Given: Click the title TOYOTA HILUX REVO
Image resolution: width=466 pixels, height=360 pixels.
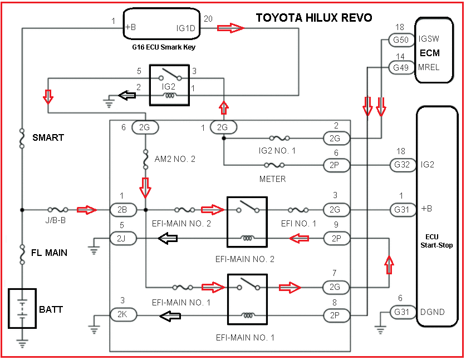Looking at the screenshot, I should [x=313, y=18].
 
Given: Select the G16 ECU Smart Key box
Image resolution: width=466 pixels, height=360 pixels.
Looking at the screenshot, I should [x=159, y=24].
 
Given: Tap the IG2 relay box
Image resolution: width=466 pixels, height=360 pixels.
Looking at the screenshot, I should [x=170, y=85].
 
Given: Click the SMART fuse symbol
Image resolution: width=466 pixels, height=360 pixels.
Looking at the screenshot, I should [x=22, y=138].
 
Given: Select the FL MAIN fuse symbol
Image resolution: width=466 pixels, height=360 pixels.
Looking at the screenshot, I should [x=22, y=253].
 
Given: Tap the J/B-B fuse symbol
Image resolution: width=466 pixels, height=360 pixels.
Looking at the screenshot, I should [x=58, y=210].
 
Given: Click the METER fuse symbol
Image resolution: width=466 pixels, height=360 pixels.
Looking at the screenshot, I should [x=275, y=165].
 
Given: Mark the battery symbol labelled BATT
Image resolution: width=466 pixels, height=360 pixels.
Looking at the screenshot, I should [x=22, y=307].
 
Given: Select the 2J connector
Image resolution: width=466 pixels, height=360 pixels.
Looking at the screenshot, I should [x=122, y=239].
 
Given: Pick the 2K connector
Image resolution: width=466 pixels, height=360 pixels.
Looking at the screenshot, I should [x=122, y=315].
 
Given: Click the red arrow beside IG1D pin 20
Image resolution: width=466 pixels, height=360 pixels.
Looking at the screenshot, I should [x=230, y=28].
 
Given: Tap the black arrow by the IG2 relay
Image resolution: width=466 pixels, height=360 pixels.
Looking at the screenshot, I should [x=129, y=96].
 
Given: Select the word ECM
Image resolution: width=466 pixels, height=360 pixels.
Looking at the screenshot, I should [x=429, y=53].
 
